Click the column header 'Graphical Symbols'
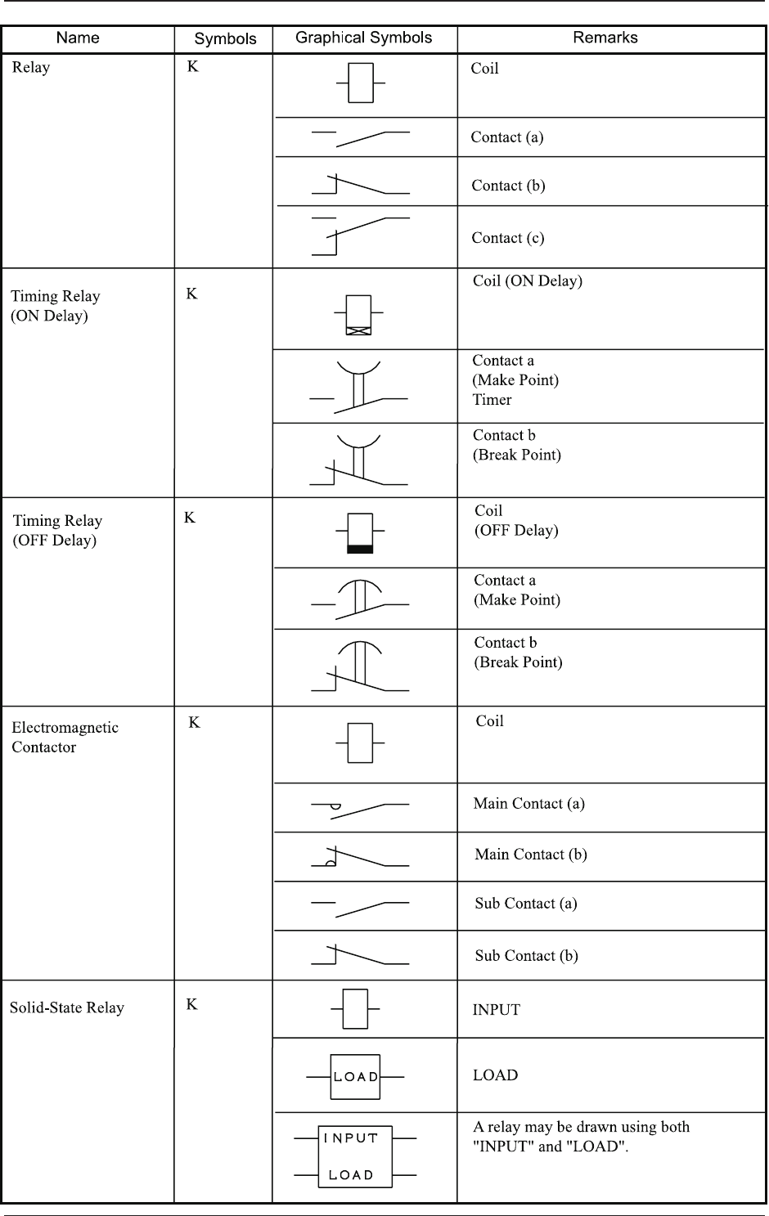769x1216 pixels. pyautogui.click(x=363, y=38)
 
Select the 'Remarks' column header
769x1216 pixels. pyautogui.click(x=605, y=38)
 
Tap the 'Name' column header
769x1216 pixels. pyautogui.click(x=78, y=38)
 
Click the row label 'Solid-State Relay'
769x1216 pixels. pyautogui.click(x=67, y=1007)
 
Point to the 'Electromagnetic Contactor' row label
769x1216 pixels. pyautogui.click(x=65, y=737)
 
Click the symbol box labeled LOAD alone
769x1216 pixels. pyautogui.click(x=355, y=1077)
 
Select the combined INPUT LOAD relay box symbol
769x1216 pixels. pyautogui.click(x=356, y=1156)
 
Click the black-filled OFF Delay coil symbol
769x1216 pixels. pyautogui.click(x=360, y=533)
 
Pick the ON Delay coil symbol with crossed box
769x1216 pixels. pyautogui.click(x=358, y=315)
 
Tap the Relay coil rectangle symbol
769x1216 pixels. pyautogui.click(x=361, y=83)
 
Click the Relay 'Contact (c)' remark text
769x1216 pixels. pyautogui.click(x=507, y=238)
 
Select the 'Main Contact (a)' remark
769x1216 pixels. pyautogui.click(x=528, y=804)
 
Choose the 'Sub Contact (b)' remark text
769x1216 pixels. pyautogui.click(x=526, y=955)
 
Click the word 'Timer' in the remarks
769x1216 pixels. pyautogui.click(x=492, y=400)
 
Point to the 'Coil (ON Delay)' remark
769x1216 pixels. pyautogui.click(x=528, y=281)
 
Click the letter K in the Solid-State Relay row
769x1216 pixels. pyautogui.click(x=191, y=1004)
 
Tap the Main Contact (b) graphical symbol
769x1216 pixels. pyautogui.click(x=360, y=856)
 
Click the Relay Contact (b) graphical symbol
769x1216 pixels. pyautogui.click(x=360, y=184)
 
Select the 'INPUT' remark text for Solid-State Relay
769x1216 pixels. pyautogui.click(x=496, y=1010)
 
